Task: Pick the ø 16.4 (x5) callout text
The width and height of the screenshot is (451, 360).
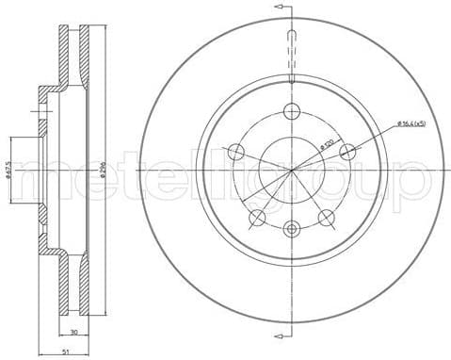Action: coord(411,123)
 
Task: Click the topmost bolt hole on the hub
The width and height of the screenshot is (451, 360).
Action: coord(293,109)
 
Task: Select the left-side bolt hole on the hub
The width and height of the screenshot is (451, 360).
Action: coord(236,152)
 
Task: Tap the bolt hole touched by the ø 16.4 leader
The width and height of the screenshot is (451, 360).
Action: coord(349,151)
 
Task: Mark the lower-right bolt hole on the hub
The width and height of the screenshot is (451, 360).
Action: coord(327,218)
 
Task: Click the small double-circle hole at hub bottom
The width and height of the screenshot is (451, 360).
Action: coord(293,229)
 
